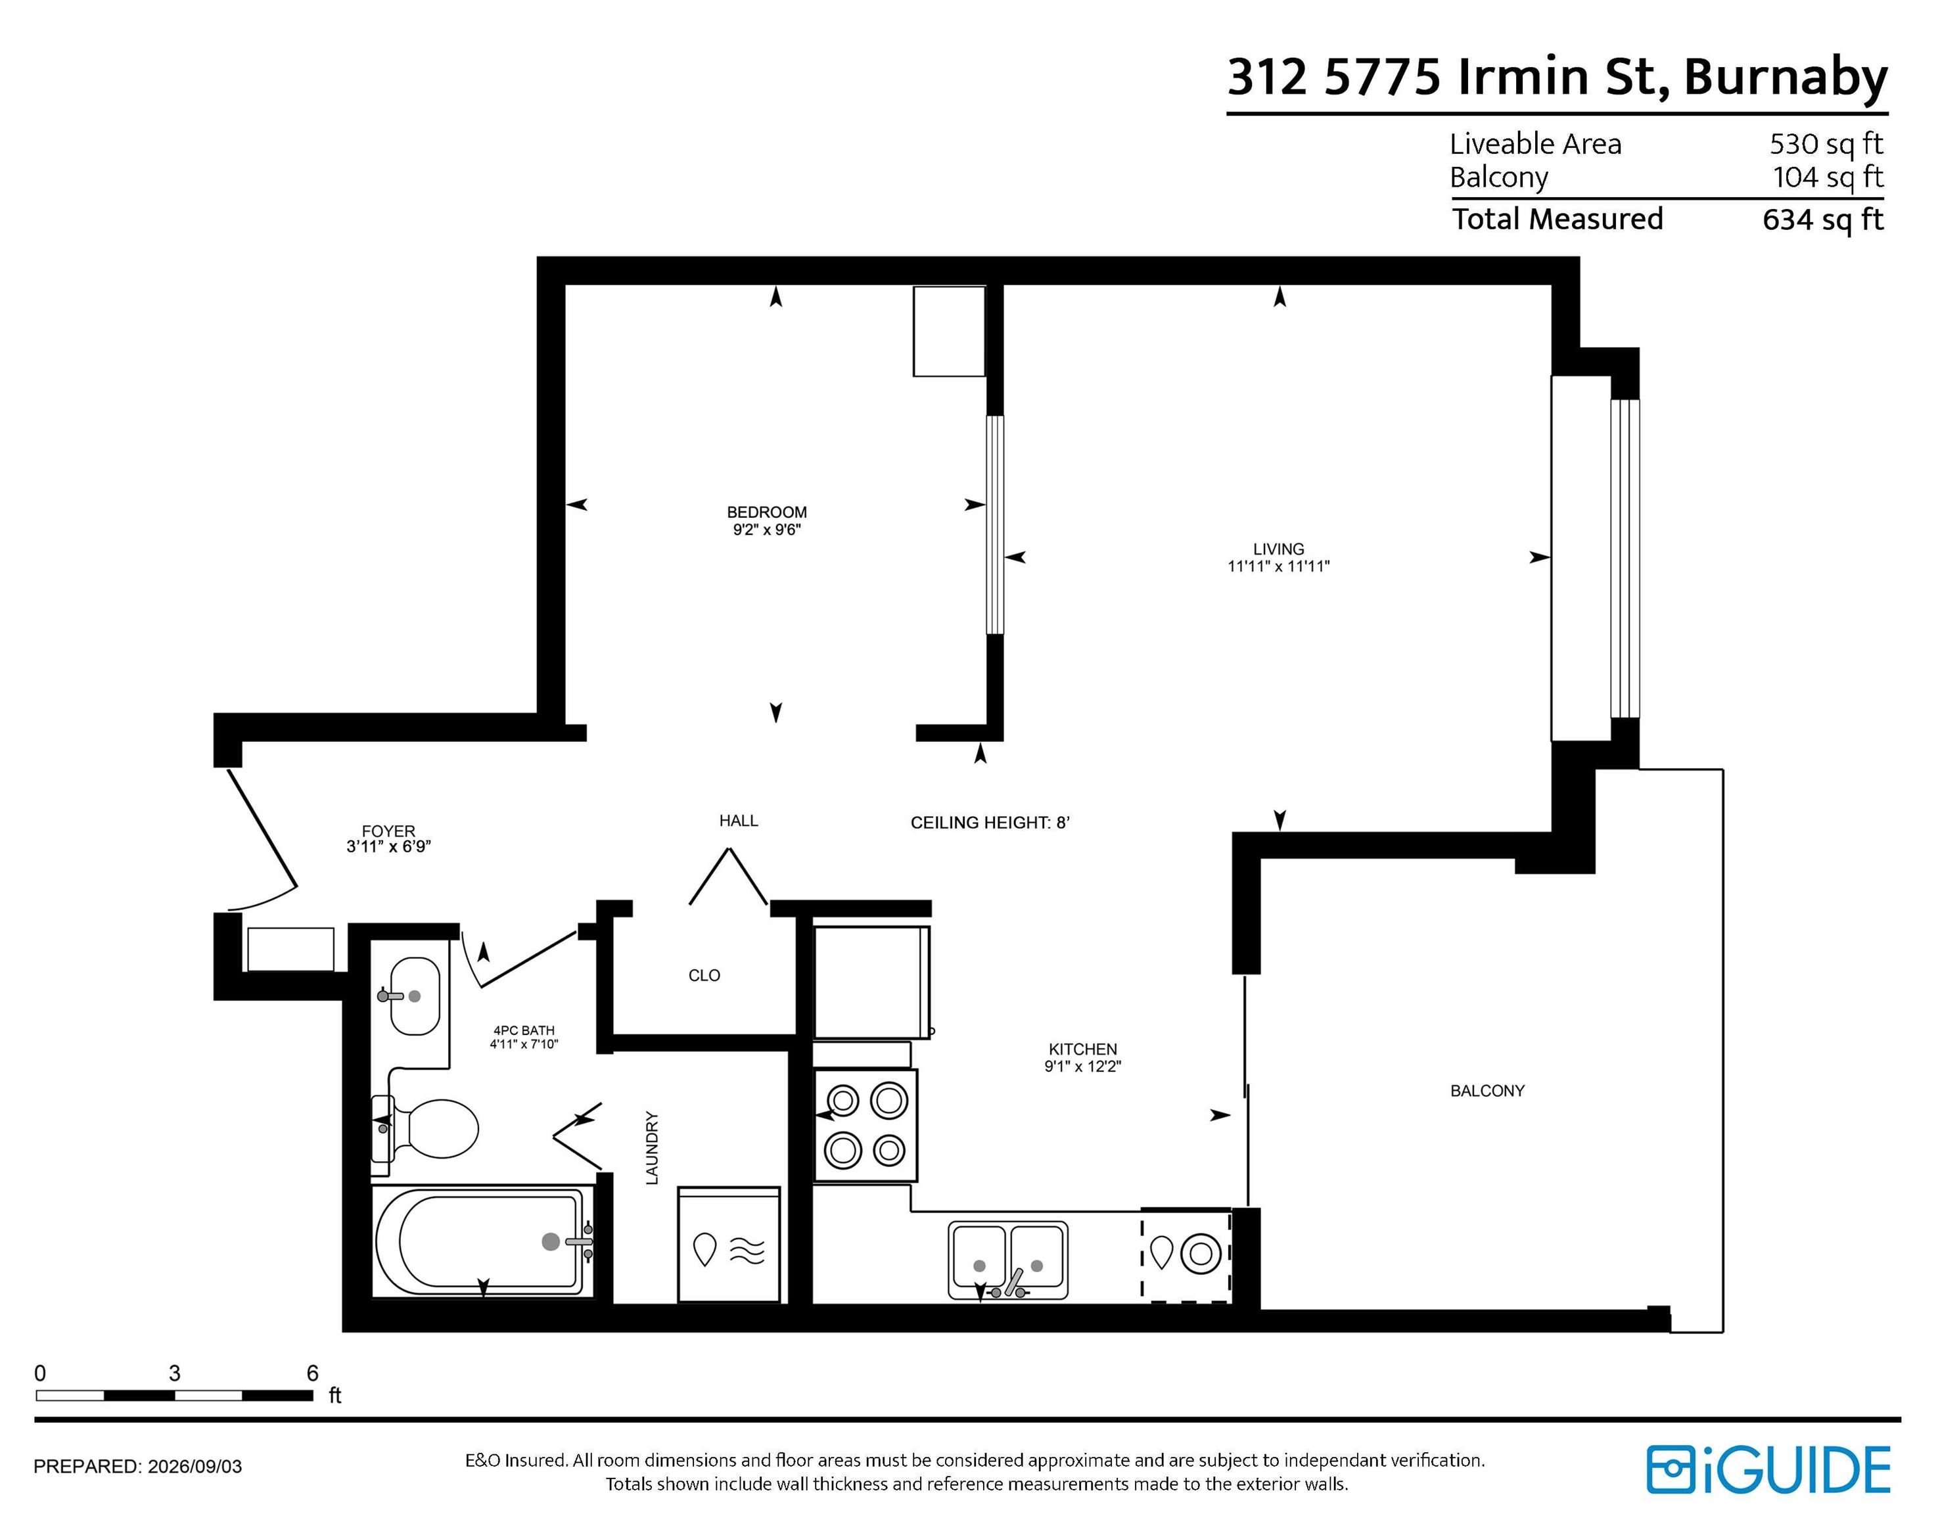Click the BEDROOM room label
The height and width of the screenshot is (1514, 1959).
point(766,512)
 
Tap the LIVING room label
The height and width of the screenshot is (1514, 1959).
point(1278,549)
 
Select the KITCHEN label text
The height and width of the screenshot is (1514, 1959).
point(1082,1049)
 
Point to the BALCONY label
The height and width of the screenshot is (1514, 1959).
point(1487,1091)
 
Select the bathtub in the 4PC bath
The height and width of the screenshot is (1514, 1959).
point(482,1241)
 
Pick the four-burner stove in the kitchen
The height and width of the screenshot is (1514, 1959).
point(865,1125)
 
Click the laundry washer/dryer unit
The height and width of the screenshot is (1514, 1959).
point(728,1245)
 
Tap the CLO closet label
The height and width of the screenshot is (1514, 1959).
point(704,975)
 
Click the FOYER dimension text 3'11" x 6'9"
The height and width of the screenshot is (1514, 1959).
point(388,846)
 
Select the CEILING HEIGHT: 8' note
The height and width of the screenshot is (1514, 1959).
point(990,823)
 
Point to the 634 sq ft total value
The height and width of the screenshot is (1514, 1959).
point(1823,219)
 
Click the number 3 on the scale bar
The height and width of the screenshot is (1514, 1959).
point(174,1373)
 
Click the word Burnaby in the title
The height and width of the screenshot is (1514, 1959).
point(1785,78)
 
